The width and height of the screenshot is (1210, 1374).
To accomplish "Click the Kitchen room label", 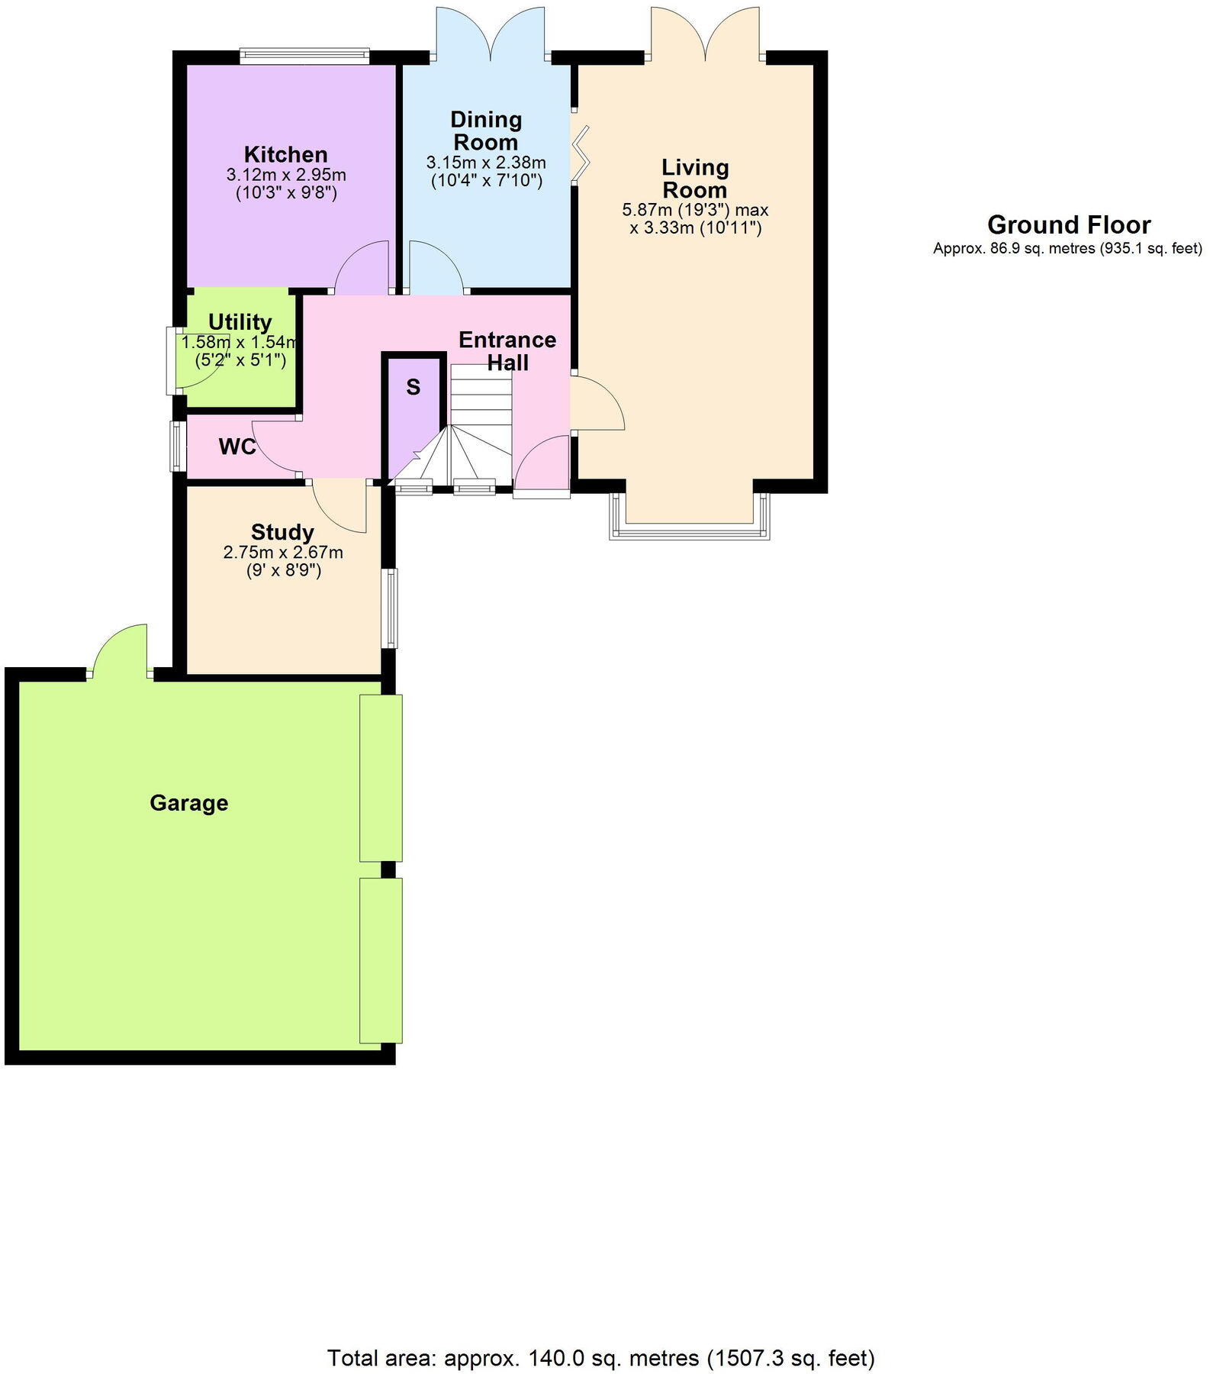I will [285, 154].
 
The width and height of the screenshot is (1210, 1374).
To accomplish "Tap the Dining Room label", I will [486, 131].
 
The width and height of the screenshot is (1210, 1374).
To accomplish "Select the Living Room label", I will [694, 178].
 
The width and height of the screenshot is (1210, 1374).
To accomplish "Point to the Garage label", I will [188, 803].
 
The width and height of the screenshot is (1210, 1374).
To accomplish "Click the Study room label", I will [282, 532].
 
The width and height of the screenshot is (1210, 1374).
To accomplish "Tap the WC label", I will [237, 447].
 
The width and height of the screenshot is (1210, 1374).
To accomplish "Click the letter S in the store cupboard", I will [414, 388].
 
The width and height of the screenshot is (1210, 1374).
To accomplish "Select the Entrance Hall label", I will [507, 350].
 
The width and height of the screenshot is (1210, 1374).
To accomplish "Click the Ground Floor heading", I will [1068, 225].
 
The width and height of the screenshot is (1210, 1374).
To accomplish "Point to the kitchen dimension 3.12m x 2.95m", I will [286, 175].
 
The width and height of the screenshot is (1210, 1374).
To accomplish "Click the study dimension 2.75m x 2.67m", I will [283, 552].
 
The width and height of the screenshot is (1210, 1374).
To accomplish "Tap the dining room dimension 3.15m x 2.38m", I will [486, 163].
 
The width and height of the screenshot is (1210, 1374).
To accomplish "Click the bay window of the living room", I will [690, 529].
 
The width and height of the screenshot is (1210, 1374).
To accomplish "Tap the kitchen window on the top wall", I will [304, 55].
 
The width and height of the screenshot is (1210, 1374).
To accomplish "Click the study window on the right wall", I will [391, 608].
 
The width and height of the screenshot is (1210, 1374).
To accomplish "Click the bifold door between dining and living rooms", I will [581, 155].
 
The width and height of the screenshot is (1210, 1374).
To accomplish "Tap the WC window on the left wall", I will [177, 447].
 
